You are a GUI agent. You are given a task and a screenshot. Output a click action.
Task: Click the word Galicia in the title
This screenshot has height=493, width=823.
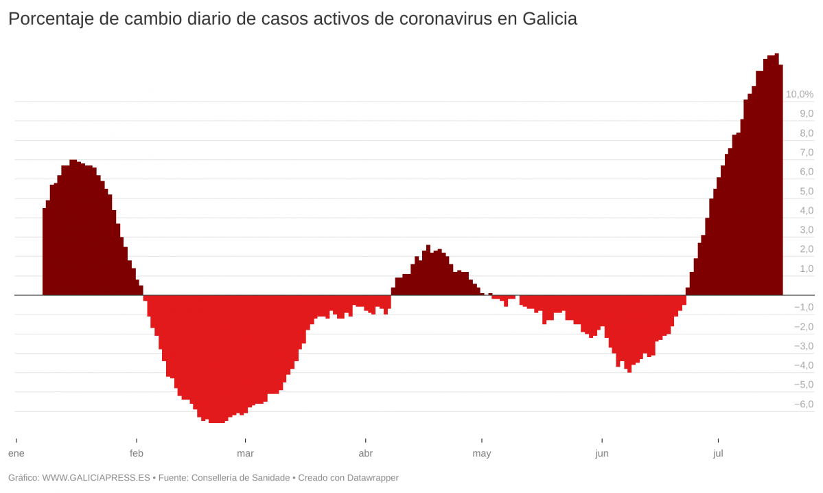click(550, 19)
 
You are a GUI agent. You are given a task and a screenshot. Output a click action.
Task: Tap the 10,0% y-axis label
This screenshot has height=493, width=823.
click(799, 94)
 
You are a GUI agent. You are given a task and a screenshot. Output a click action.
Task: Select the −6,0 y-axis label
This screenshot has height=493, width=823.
click(803, 404)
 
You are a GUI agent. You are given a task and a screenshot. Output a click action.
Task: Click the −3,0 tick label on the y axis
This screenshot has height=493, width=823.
click(803, 345)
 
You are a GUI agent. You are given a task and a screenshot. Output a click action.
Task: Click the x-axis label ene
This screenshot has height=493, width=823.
click(16, 453)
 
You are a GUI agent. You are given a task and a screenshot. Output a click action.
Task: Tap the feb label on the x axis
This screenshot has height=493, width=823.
click(137, 453)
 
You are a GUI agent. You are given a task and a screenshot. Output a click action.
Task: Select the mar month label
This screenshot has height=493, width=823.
click(245, 453)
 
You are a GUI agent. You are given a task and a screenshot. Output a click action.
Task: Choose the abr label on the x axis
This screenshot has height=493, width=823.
click(366, 453)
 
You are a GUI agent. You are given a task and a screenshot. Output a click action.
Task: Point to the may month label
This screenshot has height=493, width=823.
click(482, 453)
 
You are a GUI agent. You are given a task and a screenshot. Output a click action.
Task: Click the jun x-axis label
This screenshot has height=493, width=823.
click(602, 453)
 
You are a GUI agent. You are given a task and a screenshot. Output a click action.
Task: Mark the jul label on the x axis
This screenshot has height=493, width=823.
click(718, 453)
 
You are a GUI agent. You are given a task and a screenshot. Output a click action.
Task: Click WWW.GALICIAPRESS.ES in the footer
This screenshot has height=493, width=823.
click(96, 477)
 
